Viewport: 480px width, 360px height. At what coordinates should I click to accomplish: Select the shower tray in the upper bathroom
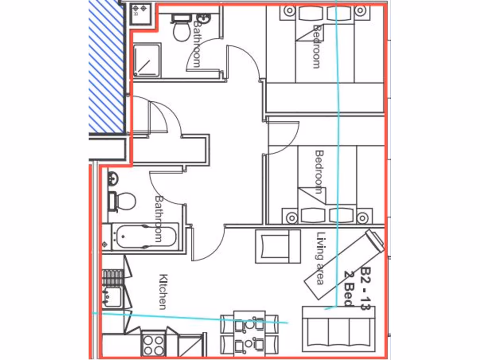click(147, 60)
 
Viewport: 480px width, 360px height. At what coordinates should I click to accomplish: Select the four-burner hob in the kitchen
click(154, 344)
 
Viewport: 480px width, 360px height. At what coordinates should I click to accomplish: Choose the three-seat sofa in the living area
click(339, 329)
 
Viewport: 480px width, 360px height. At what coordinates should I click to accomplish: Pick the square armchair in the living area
click(277, 246)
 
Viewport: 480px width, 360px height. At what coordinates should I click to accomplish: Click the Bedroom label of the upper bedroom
click(317, 47)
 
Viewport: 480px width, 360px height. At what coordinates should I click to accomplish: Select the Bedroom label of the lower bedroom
click(319, 172)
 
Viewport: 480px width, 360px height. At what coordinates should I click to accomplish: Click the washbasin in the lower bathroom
click(112, 179)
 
